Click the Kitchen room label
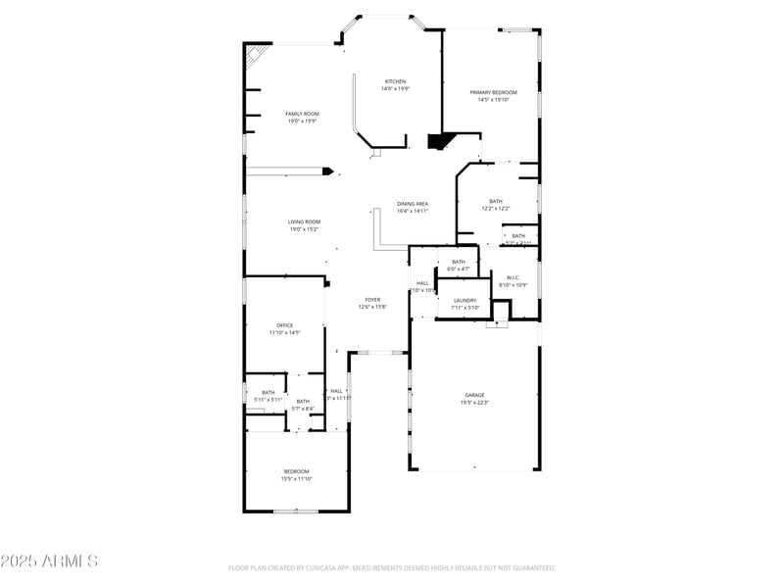tap(396, 81)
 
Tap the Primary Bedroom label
tap(493, 92)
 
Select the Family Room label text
tap(302, 114)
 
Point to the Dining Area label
tap(413, 204)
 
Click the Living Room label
tap(304, 221)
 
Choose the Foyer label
tap(372, 300)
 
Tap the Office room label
tap(285, 325)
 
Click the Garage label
tap(474, 395)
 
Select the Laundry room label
tap(465, 300)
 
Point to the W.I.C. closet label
tap(513, 277)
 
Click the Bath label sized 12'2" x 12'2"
tap(496, 201)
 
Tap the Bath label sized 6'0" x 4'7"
tap(459, 262)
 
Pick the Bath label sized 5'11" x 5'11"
tap(269, 392)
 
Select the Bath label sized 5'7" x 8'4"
tap(303, 401)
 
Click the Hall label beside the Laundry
tap(422, 283)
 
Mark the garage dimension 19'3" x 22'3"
tap(474, 402)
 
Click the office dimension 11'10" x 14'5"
tap(285, 332)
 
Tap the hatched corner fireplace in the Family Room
tap(257, 54)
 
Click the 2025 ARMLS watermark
tap(49, 562)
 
